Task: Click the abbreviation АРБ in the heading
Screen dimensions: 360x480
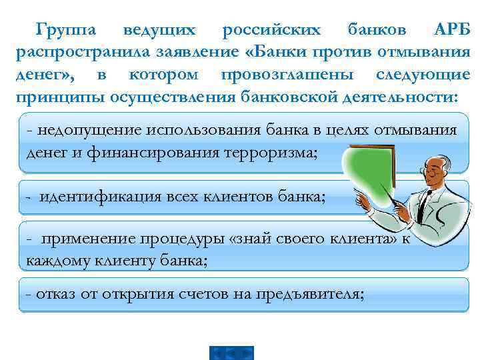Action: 451,30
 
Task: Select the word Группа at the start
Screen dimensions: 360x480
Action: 67,30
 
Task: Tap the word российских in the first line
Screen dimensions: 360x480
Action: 271,30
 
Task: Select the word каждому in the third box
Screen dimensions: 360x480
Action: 53,261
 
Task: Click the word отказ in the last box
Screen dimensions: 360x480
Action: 56,294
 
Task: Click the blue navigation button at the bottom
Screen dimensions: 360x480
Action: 231,351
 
